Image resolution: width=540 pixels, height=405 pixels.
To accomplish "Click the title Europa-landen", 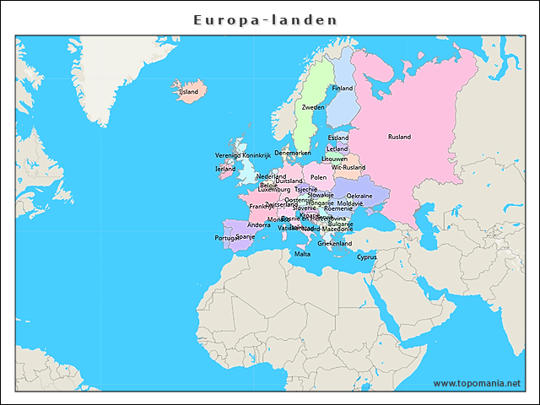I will pyautogui.click(x=265, y=19).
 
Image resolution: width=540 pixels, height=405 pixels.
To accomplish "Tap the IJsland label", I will pyautogui.click(x=188, y=91).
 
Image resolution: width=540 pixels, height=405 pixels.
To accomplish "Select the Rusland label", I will pyautogui.click(x=399, y=137).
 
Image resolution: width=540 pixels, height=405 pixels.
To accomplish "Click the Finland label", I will pyautogui.click(x=343, y=88).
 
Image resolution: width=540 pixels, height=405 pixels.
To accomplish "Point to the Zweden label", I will pyautogui.click(x=313, y=108).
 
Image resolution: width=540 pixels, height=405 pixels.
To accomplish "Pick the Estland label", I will pyautogui.click(x=338, y=138).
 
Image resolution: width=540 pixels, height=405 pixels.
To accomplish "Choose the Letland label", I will pyautogui.click(x=337, y=148).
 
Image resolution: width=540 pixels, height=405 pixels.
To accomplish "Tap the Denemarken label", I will pyautogui.click(x=293, y=153).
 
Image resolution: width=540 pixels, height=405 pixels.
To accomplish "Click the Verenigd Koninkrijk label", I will pyautogui.click(x=243, y=155).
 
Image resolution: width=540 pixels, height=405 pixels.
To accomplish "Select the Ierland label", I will pyautogui.click(x=225, y=169).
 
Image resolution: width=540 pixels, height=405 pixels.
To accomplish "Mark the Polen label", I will pyautogui.click(x=318, y=177).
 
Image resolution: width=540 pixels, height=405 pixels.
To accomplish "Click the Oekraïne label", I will pyautogui.click(x=359, y=196).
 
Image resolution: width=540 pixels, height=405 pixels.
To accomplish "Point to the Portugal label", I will pyautogui.click(x=227, y=238).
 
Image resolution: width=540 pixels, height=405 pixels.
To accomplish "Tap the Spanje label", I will pyautogui.click(x=246, y=237).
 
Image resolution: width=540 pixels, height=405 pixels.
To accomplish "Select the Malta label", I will pyautogui.click(x=302, y=253).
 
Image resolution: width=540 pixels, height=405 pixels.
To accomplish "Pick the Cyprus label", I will pyautogui.click(x=367, y=256).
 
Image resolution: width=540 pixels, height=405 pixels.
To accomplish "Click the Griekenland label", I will pyautogui.click(x=334, y=243).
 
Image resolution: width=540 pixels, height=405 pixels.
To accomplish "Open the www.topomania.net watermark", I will pyautogui.click(x=477, y=383).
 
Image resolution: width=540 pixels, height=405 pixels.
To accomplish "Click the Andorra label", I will pyautogui.click(x=258, y=225).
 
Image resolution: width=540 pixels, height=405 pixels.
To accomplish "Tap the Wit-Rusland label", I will pyautogui.click(x=348, y=167).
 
